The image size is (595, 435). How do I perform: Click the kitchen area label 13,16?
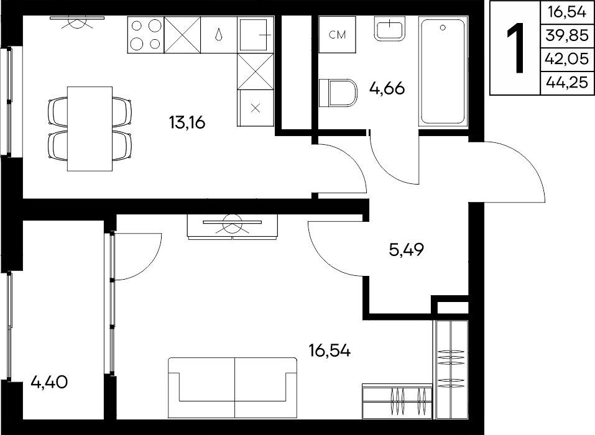point(187,122)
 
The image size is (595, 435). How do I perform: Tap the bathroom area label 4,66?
point(387,88)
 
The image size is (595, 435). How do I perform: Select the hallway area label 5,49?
point(407,250)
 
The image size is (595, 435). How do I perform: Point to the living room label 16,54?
point(330,351)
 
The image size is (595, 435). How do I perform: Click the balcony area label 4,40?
point(49,382)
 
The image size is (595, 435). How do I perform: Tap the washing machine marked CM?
point(338,35)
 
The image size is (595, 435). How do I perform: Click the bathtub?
point(443,71)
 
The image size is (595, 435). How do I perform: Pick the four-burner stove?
point(145,35)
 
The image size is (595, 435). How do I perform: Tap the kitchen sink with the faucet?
point(256,35)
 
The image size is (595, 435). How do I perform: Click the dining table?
point(90,129)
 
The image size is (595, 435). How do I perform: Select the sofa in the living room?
point(233,388)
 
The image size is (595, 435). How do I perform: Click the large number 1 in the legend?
point(515,48)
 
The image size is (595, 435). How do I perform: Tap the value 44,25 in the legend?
point(567,82)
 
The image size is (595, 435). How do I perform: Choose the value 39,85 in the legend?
point(567,35)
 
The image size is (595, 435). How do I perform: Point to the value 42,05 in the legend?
point(567,59)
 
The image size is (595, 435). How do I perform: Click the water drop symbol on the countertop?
point(219,35)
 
